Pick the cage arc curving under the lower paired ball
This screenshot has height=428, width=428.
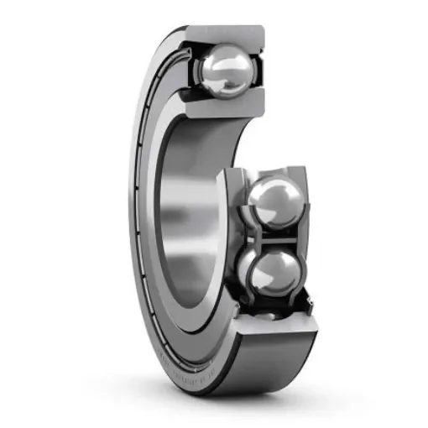click(x=273, y=300)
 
